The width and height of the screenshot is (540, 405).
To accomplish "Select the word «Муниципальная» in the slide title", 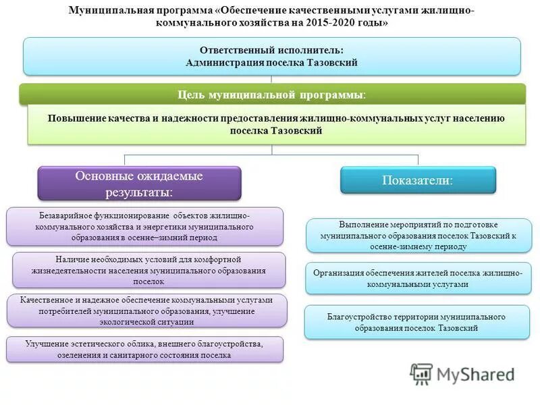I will point(102,11).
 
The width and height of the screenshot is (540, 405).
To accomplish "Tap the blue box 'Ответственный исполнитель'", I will point(271,56).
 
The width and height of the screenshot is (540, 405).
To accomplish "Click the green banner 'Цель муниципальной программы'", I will point(271,94).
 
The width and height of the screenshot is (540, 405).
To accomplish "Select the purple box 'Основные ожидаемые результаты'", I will point(139,184).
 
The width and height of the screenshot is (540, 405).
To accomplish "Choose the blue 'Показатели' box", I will point(417,180).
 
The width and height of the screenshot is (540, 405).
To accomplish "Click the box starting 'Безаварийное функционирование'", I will point(144,226).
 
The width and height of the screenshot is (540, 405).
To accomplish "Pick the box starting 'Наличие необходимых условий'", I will point(148,270).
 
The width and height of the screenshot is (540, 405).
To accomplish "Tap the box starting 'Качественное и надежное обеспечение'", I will point(146,310).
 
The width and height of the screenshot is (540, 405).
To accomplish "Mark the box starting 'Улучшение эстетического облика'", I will point(144,349).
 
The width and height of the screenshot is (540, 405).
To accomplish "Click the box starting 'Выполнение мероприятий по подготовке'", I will point(418,235).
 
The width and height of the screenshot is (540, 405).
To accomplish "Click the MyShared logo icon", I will point(421,374).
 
